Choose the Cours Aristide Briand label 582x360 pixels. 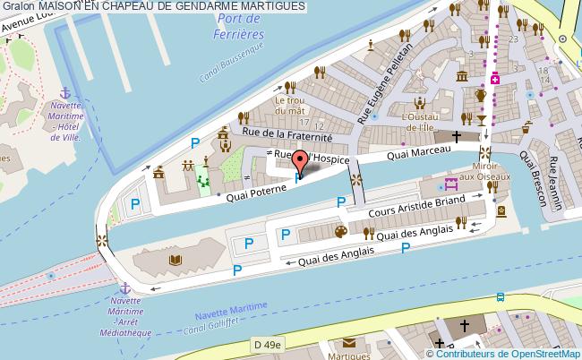417,208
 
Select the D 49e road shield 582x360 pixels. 266,344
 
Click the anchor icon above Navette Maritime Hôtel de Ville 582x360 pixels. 64,93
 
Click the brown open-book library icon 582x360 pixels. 175,260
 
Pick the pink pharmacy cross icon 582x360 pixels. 494,79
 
